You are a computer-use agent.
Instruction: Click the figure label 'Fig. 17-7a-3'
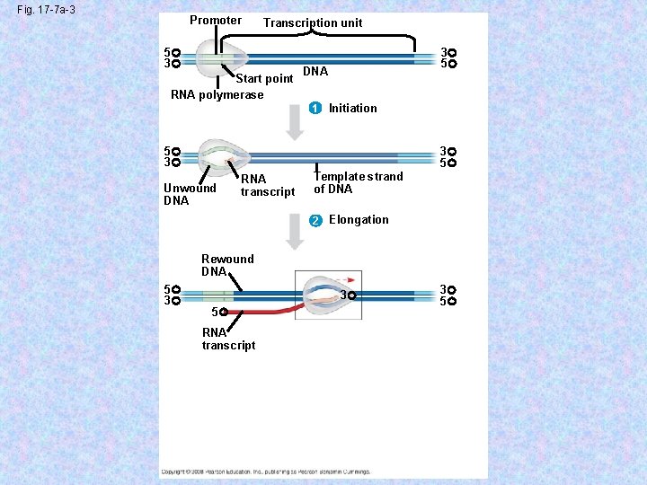[45, 9]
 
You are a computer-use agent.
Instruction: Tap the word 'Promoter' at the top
[216, 21]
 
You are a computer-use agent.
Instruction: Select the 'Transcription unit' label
[313, 22]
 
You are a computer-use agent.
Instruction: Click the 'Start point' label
[264, 79]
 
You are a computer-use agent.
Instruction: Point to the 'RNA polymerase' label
[217, 95]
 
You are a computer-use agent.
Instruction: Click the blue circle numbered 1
[314, 109]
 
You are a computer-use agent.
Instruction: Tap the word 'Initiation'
[352, 109]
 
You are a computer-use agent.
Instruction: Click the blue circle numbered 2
[314, 221]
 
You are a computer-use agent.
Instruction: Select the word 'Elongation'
[359, 220]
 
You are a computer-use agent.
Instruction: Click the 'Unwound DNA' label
[190, 194]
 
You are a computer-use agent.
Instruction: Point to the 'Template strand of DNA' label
[358, 183]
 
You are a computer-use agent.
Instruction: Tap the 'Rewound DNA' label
[226, 265]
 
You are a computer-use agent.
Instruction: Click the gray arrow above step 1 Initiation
[295, 121]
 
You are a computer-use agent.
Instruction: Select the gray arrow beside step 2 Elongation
[295, 233]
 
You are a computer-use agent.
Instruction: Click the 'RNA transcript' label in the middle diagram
[267, 186]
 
